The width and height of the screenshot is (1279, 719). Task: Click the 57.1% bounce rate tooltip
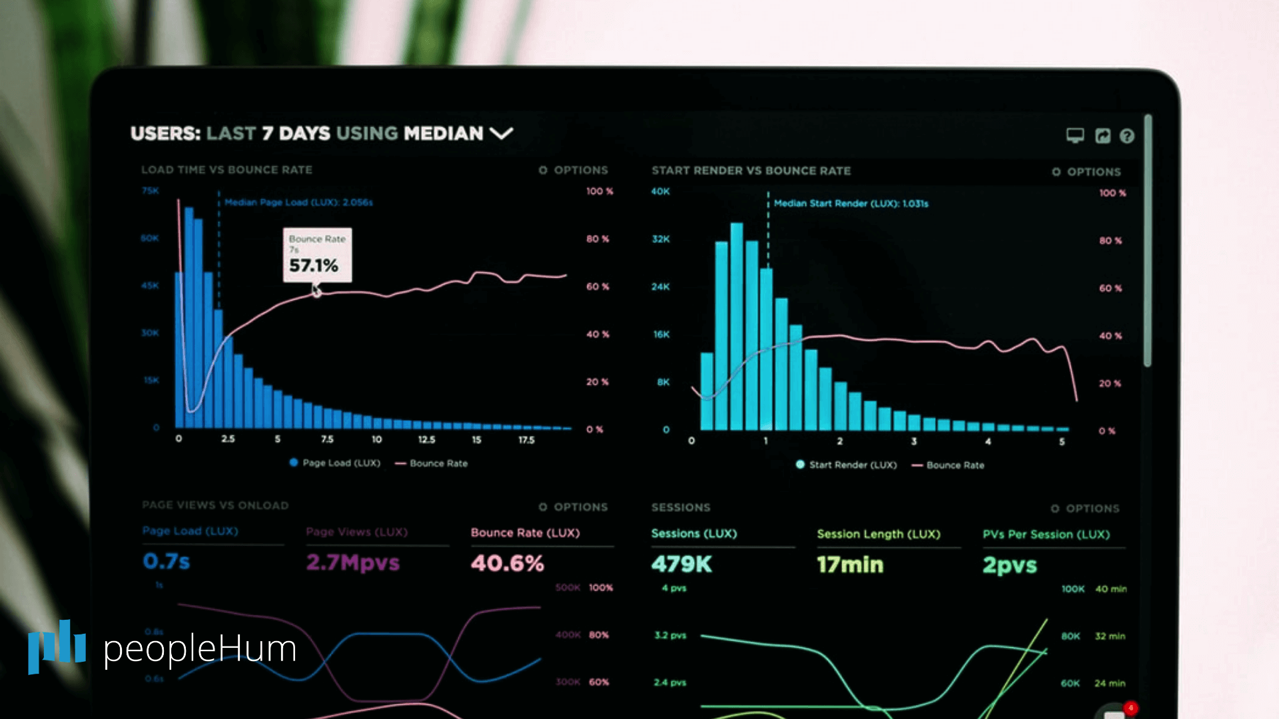click(317, 256)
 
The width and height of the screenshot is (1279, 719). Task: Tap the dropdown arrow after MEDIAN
click(501, 133)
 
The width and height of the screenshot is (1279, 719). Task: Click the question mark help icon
click(1126, 136)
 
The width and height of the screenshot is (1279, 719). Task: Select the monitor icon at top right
click(1074, 136)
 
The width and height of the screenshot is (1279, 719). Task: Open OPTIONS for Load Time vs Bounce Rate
click(574, 170)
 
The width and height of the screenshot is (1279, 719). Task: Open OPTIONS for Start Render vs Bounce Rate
click(1086, 172)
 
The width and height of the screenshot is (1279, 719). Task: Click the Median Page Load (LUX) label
click(298, 202)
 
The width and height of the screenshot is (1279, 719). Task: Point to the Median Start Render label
click(851, 204)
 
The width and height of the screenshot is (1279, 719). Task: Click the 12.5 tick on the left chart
click(426, 440)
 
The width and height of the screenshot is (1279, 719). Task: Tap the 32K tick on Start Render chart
click(661, 239)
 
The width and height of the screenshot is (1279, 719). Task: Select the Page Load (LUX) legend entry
click(335, 463)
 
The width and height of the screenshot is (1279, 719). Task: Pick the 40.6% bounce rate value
click(507, 563)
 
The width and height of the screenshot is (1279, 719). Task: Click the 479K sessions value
click(681, 565)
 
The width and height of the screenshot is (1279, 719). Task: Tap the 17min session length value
click(850, 565)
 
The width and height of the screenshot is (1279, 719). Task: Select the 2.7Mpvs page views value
click(352, 563)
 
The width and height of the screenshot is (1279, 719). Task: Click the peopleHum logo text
click(200, 648)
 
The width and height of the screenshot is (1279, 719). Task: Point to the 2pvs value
click(1009, 565)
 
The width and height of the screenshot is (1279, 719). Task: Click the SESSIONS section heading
click(681, 507)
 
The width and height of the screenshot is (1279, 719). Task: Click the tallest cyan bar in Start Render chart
click(736, 326)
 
